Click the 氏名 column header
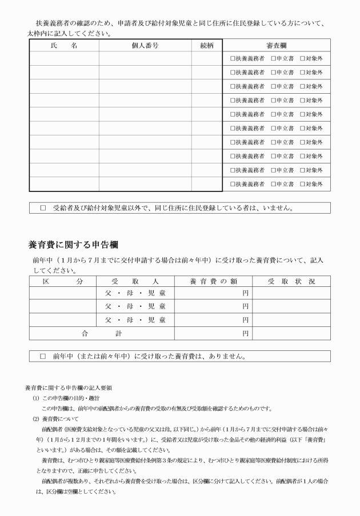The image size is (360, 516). coord(63,45)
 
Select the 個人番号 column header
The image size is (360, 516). coord(145,45)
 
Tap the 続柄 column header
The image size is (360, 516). coord(206,45)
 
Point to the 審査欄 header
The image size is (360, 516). coord(277,45)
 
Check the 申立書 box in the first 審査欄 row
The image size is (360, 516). coord(274,58)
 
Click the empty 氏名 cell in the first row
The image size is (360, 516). coord(63,58)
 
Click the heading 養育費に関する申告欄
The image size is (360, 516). coord(73,245)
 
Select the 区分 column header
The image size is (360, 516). coord(63,282)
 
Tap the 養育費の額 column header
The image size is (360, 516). coord(213,282)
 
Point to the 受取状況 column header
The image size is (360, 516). coord(291,282)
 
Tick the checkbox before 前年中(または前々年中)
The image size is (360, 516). coord(43,357)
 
